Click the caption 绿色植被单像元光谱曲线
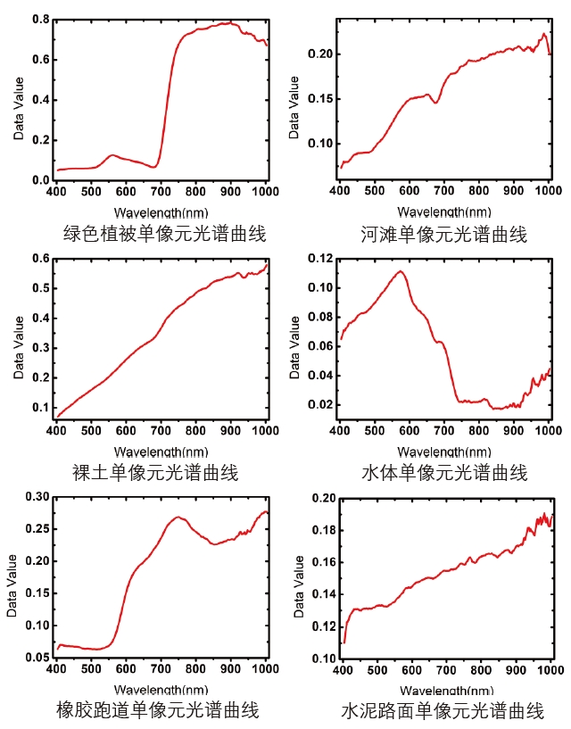(x=165, y=235)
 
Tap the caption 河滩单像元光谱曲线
(x=443, y=235)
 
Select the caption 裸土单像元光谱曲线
(x=155, y=472)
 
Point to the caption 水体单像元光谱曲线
(x=443, y=472)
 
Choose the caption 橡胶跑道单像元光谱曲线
(x=157, y=710)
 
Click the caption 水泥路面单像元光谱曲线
(x=443, y=711)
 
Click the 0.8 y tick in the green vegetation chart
(x=40, y=18)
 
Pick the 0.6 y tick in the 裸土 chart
(x=40, y=259)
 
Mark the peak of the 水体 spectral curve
(x=401, y=271)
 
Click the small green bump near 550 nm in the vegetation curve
(x=112, y=155)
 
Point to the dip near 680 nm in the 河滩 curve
(x=435, y=103)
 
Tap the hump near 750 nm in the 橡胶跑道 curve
(x=179, y=517)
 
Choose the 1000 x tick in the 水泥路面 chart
(x=547, y=668)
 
